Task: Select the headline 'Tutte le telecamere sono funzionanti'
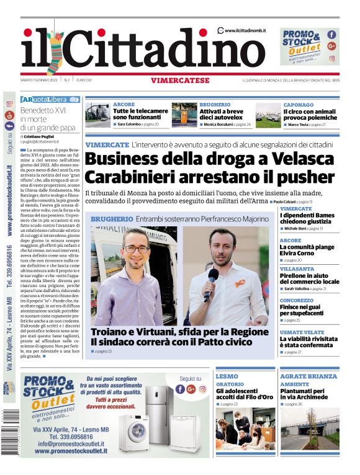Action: (140, 114)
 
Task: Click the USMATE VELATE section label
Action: (302, 332)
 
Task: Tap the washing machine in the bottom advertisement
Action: (134, 432)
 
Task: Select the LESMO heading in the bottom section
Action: (227, 376)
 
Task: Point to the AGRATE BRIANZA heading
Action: (308, 376)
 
